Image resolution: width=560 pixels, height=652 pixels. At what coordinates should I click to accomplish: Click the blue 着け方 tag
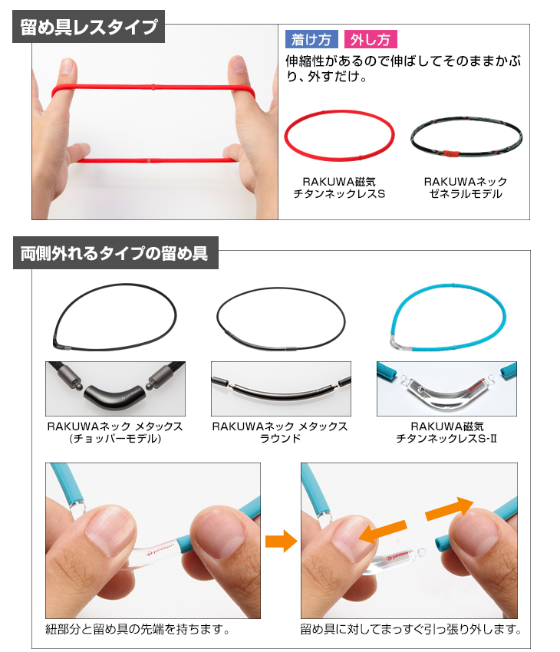coord(311,39)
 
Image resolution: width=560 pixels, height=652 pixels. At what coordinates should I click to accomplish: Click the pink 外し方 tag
coord(371,39)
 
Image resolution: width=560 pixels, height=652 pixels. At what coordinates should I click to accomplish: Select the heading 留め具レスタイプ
coord(88,27)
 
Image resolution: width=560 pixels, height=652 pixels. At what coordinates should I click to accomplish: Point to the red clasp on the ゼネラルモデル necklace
coord(450,154)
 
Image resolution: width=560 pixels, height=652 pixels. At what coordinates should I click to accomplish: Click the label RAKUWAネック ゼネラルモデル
coord(466,187)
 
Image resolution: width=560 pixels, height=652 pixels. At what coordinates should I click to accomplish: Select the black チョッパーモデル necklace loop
coord(115,286)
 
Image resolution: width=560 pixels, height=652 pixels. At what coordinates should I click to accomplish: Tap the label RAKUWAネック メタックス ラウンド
coord(280,432)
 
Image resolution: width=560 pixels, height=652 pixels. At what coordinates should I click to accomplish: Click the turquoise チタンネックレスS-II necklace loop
coord(449,286)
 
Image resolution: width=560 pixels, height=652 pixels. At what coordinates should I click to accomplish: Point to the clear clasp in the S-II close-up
coord(447,393)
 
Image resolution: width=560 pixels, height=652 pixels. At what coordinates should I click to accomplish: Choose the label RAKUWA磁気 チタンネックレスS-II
coord(446,432)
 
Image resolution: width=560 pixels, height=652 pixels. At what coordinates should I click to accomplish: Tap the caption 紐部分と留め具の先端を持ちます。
coord(137,629)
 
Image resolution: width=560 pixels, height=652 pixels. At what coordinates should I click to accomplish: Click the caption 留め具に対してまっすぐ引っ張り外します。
coord(410,629)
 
